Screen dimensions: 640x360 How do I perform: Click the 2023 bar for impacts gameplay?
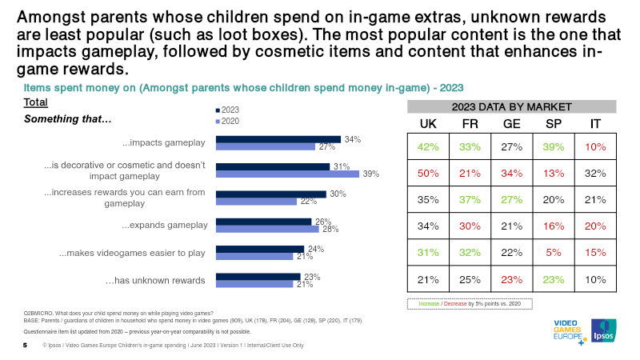pyautogui.click(x=278, y=139)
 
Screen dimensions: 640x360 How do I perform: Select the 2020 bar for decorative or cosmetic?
pyautogui.click(x=287, y=174)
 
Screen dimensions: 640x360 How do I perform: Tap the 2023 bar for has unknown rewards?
pyautogui.click(x=258, y=277)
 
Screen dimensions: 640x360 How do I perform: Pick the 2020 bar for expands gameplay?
pyautogui.click(x=267, y=229)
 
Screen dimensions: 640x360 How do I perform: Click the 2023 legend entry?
pyautogui.click(x=227, y=110)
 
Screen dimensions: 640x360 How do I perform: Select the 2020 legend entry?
pyautogui.click(x=227, y=122)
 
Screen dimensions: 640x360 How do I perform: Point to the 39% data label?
pyautogui.click(x=371, y=174)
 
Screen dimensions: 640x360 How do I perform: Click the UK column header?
pyautogui.click(x=428, y=124)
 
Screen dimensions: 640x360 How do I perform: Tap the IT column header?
pyautogui.click(x=595, y=124)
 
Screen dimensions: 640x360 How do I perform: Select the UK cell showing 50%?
pyautogui.click(x=428, y=173)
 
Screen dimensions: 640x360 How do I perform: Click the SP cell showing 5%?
pyautogui.click(x=554, y=253)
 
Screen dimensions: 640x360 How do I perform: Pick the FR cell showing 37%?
pyautogui.click(x=470, y=199)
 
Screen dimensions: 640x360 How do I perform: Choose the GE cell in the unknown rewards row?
pyautogui.click(x=512, y=279)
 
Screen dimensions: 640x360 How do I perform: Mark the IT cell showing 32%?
pyautogui.click(x=595, y=173)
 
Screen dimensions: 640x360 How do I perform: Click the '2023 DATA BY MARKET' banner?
pyautogui.click(x=512, y=107)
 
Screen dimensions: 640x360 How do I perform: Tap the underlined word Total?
pyautogui.click(x=35, y=102)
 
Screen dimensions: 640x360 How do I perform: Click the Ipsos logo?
pyautogui.click(x=604, y=330)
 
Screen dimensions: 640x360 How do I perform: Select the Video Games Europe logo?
pyautogui.click(x=570, y=332)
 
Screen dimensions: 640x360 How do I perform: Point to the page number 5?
pyautogui.click(x=26, y=346)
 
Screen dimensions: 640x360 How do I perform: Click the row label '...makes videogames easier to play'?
pyautogui.click(x=132, y=253)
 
